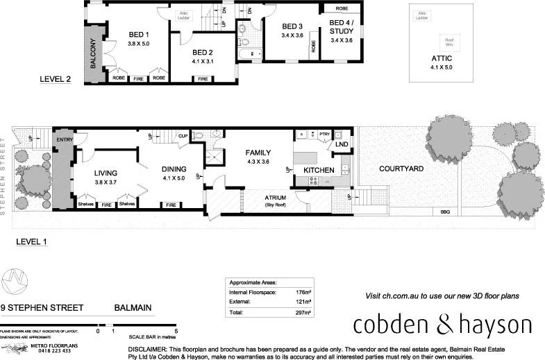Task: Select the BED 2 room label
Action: click(x=202, y=52)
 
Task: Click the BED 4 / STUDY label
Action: click(x=342, y=31)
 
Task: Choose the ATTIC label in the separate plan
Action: click(x=442, y=58)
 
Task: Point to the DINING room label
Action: click(x=174, y=168)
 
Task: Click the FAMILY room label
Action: click(x=258, y=153)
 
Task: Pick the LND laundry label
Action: click(x=342, y=144)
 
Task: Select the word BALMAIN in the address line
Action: click(x=133, y=307)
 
